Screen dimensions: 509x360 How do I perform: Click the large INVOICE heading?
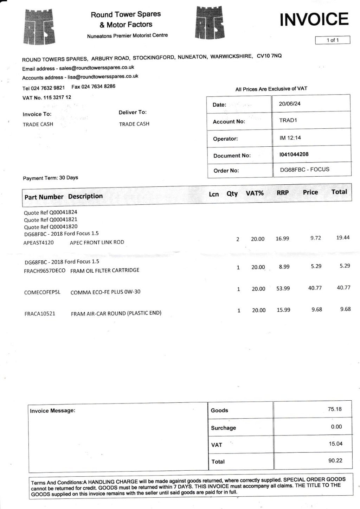coord(314,20)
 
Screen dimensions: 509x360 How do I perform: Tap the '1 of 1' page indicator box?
coord(333,40)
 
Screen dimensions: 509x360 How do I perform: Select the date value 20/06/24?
coord(290,104)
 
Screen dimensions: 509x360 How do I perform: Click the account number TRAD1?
coord(288,120)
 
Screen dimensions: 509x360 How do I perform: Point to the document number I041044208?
coord(294,154)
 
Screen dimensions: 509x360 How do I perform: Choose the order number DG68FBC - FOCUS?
coord(304,169)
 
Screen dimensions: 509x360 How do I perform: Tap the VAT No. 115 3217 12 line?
coord(47,97)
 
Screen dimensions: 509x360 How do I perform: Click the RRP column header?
coord(283,193)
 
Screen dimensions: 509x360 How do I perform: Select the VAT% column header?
coord(255,193)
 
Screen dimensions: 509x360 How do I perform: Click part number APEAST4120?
coord(39,242)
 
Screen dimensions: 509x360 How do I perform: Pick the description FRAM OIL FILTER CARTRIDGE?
coord(105,271)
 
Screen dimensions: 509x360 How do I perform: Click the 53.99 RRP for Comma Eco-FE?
coord(283,288)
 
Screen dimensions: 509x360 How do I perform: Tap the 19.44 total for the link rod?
coord(343,238)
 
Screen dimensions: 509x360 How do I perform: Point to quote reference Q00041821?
coord(51,219)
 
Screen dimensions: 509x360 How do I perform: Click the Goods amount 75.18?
coord(335,409)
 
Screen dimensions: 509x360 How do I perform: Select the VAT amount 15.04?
coord(335,444)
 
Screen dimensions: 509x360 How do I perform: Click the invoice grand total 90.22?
coord(335,460)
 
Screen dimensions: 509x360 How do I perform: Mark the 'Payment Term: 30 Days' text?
coord(51,178)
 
